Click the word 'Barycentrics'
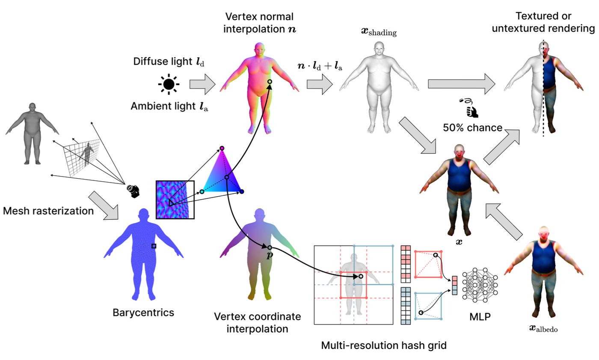coord(143,313)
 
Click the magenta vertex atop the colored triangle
coord(222,148)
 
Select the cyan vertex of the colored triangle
coord(202,192)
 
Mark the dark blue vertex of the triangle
coord(242,192)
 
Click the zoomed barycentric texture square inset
coord(175,200)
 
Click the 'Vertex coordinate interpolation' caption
coord(258,323)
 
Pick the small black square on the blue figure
coord(154,246)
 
